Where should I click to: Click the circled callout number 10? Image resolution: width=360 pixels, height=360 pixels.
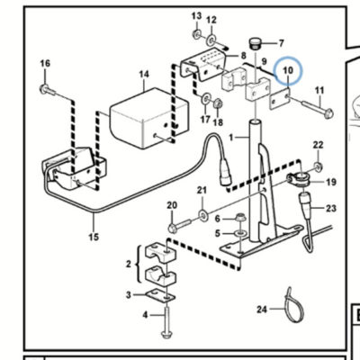288,70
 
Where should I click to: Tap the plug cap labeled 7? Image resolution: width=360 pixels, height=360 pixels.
256,44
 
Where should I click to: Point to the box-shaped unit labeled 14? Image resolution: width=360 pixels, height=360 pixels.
149,118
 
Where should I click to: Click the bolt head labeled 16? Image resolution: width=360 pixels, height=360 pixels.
44,89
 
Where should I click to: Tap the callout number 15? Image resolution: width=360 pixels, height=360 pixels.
94,237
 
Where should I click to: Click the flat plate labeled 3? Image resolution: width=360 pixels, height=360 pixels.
160,295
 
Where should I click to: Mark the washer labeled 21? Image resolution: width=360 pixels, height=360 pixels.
204,215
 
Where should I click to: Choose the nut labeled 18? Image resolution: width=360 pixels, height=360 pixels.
218,104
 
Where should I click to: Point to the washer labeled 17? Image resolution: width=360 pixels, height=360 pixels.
206,99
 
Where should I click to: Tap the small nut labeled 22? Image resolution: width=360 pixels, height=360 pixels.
318,165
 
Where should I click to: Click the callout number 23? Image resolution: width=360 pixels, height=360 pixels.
331,208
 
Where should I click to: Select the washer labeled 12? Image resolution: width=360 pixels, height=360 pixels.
211,39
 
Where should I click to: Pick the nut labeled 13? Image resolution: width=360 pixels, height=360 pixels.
197,33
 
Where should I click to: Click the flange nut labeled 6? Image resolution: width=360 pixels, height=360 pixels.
239,217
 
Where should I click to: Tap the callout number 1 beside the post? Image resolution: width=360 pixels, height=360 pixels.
231,138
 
